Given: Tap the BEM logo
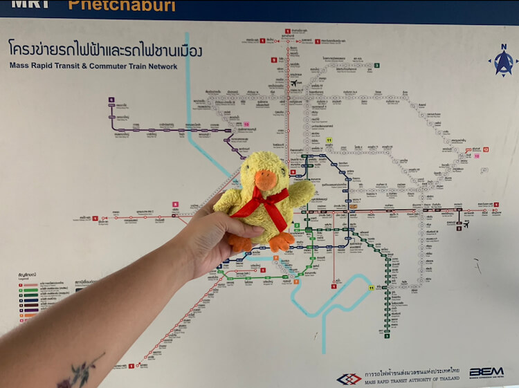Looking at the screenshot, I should tap(486, 372).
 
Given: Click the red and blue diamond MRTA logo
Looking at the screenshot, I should tap(350, 378).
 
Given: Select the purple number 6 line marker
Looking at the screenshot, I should tap(111, 100).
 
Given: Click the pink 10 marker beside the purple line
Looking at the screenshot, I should tap(245, 124).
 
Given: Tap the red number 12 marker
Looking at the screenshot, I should tap(486, 149).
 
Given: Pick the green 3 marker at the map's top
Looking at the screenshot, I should tap(377, 66).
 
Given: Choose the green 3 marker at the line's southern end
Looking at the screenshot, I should tap(387, 336).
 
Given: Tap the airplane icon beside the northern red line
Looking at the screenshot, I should tap(295, 84).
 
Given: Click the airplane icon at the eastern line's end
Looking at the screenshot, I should tap(467, 224).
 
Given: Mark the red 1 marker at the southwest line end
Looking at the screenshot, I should tap(131, 366).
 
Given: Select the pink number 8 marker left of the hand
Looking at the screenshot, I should tap(176, 205).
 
